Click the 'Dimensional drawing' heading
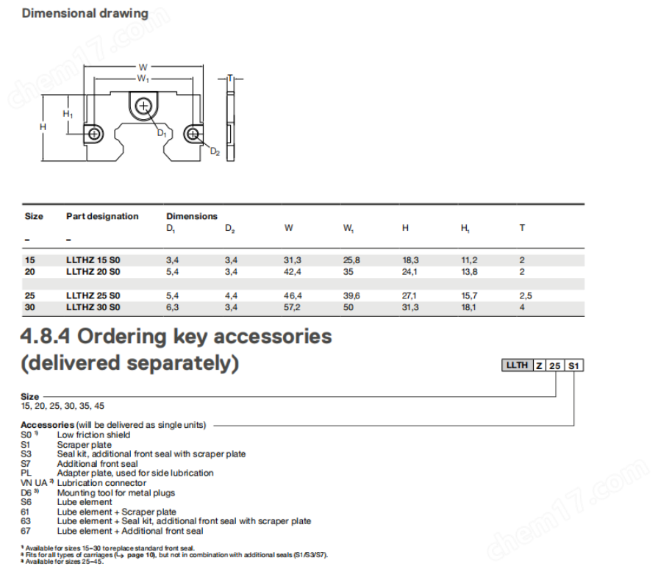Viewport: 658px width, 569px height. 85,13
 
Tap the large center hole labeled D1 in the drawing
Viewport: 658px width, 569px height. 143,107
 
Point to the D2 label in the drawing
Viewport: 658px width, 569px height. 215,151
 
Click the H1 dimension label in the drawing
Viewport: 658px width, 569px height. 68,115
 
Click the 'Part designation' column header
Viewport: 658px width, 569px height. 102,216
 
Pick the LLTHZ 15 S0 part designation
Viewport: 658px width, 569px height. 93,260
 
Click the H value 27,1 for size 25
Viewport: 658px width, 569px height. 410,296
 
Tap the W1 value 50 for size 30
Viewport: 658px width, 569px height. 348,307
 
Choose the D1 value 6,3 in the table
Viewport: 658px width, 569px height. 174,307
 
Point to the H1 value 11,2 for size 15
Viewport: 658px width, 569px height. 468,260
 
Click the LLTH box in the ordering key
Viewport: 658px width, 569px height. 517,365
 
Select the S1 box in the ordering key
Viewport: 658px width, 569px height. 574,365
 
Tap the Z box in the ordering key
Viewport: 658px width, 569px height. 540,365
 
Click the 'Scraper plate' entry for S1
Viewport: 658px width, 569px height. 84,445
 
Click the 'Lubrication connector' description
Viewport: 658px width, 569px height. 96,483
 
